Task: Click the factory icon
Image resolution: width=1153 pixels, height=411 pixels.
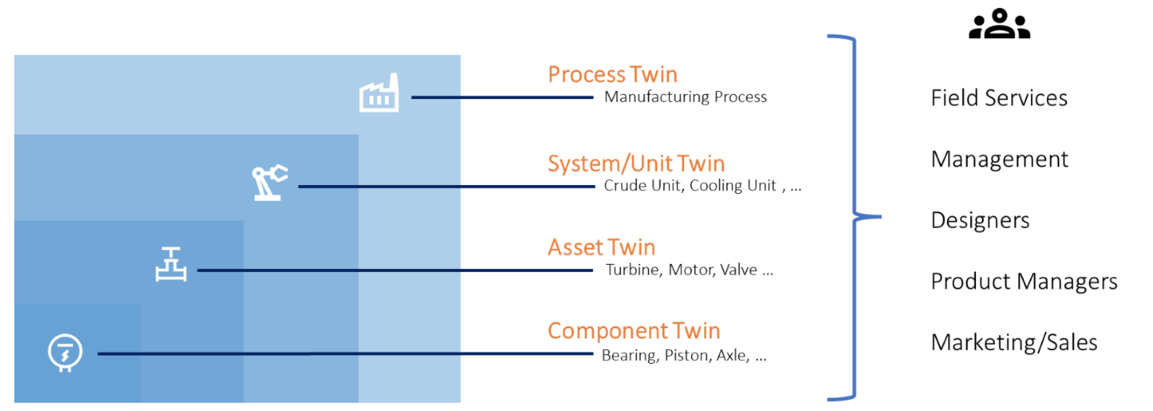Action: tap(379, 94)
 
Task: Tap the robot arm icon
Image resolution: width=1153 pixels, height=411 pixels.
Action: tap(269, 182)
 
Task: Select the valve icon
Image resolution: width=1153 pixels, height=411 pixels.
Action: tap(171, 265)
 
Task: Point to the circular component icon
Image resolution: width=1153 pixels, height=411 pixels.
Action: tap(65, 352)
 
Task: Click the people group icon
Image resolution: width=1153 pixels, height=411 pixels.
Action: tap(999, 24)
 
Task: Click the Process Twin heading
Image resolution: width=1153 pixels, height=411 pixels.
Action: tap(613, 74)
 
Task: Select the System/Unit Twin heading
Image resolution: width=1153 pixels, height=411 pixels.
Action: tap(636, 163)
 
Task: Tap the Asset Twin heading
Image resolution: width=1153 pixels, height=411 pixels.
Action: tap(601, 247)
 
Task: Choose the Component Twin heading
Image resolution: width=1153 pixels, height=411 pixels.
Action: tap(634, 330)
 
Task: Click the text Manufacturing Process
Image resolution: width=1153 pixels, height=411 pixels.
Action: tap(685, 97)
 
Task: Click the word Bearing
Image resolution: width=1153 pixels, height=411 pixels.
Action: tap(629, 355)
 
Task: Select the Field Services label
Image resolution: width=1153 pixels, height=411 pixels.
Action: tap(999, 98)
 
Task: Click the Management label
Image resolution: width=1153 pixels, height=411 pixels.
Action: tap(1000, 159)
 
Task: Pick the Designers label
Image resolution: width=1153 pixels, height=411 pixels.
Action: tap(980, 220)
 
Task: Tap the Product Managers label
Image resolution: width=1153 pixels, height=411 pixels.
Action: tap(1024, 281)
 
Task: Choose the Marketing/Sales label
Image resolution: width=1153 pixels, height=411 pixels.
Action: tap(1014, 342)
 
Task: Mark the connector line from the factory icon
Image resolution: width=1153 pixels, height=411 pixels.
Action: tap(502, 97)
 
